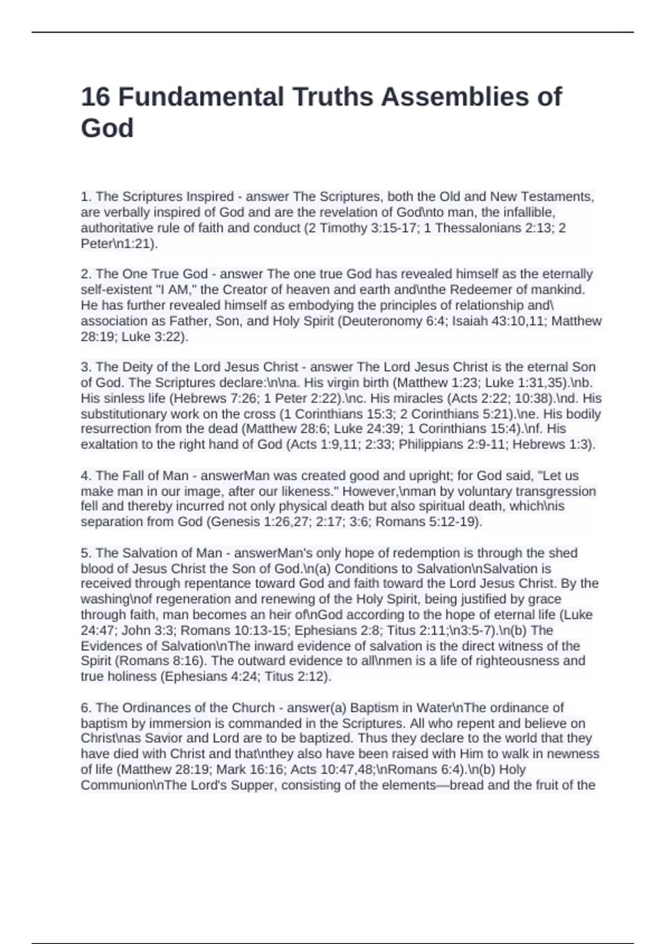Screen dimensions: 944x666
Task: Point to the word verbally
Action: coord(128,212)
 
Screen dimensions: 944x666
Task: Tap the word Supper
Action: coord(255,785)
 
